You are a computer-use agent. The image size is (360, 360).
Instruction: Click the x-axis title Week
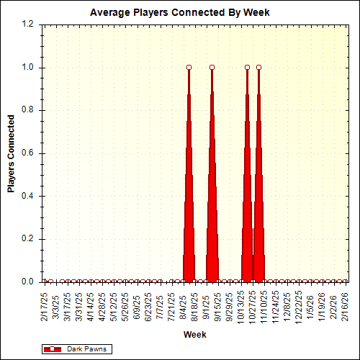(x=194, y=335)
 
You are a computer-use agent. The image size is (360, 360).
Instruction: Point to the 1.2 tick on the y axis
(x=28, y=24)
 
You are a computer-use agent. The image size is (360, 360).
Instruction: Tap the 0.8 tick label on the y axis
(x=28, y=110)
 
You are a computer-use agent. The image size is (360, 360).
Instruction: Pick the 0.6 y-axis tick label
(x=28, y=153)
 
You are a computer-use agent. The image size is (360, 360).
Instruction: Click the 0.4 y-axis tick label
(x=28, y=196)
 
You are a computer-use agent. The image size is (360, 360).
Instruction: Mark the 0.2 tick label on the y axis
(x=28, y=239)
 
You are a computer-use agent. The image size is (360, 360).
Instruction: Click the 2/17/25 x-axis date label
(x=45, y=306)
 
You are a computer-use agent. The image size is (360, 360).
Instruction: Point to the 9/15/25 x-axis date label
(x=218, y=306)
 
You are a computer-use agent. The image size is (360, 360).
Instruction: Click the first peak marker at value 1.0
(x=189, y=68)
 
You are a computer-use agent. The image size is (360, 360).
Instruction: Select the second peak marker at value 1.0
(x=212, y=68)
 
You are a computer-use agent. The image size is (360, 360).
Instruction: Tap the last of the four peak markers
(x=258, y=68)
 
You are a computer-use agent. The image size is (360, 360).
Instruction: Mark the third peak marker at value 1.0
(x=247, y=68)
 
